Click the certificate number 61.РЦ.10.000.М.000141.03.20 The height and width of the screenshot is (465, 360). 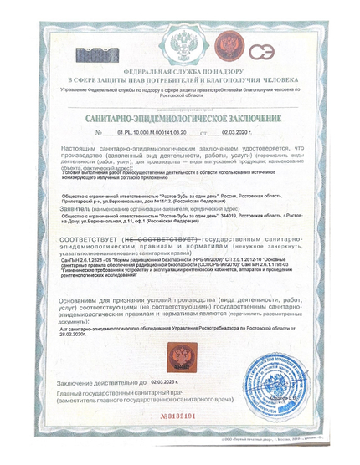150,132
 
